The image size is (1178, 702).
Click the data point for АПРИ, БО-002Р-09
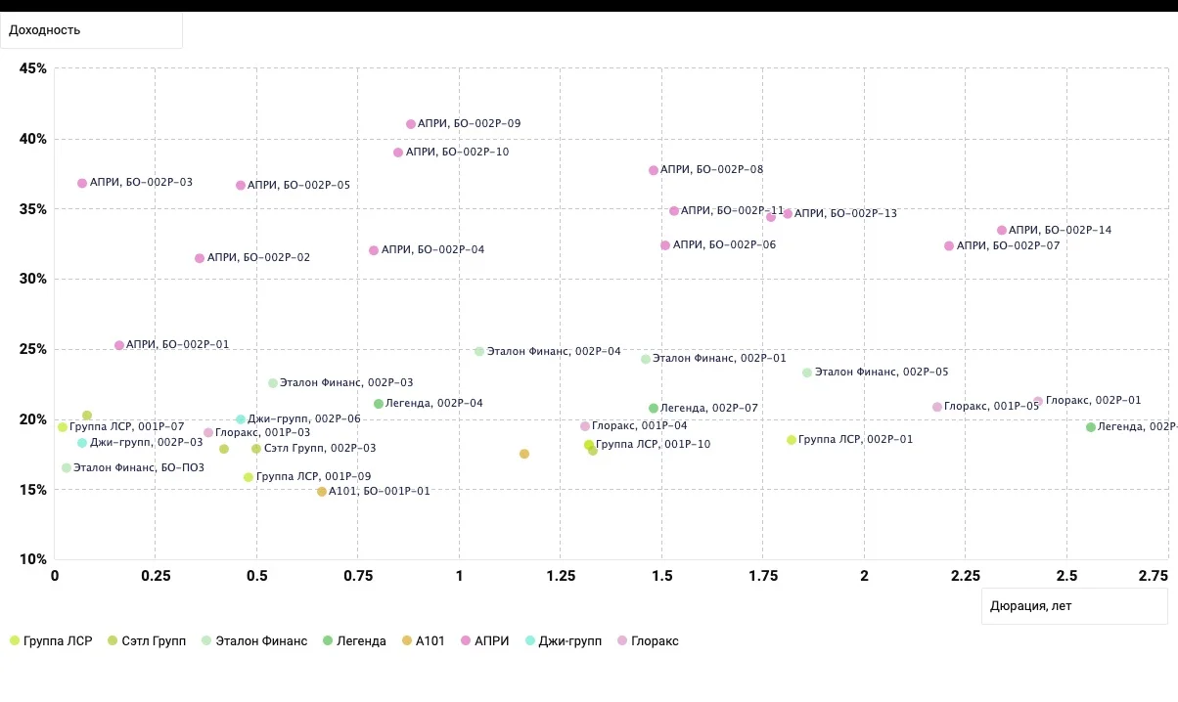tap(411, 124)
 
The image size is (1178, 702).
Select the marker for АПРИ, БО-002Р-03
tap(82, 183)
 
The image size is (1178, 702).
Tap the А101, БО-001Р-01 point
tap(322, 492)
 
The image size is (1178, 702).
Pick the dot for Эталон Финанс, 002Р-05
tap(807, 373)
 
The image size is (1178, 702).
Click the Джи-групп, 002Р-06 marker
tap(241, 419)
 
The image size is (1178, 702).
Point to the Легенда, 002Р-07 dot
tap(654, 409)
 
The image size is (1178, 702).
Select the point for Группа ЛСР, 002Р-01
tap(792, 440)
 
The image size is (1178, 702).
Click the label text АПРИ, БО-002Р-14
tap(1060, 230)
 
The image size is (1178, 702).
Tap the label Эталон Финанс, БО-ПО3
tap(139, 467)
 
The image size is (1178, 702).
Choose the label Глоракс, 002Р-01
tap(1093, 401)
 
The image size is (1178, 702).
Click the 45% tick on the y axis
tap(33, 68)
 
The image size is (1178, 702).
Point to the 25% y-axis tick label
tap(33, 349)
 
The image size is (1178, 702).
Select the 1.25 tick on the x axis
tap(561, 576)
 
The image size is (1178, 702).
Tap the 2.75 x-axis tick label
tap(1154, 576)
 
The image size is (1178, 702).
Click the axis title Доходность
tap(45, 30)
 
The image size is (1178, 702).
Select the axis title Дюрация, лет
tap(1031, 606)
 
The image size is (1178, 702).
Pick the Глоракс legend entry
tap(648, 641)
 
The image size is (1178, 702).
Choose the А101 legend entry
tap(424, 641)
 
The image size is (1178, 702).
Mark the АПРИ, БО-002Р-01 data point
tap(119, 345)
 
